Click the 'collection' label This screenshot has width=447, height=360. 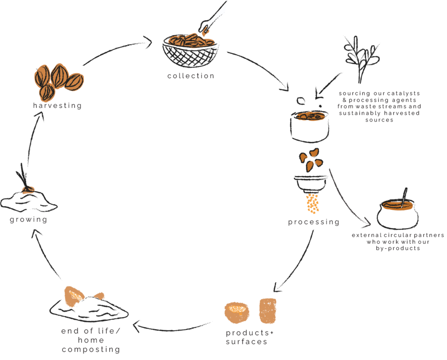[x=191, y=76]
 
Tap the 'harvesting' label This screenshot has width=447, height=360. [x=57, y=106]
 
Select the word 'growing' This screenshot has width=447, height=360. [x=29, y=220]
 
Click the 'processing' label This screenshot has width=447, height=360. [x=313, y=222]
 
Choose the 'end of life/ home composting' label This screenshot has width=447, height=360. [x=91, y=340]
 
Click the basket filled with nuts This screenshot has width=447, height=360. [x=191, y=51]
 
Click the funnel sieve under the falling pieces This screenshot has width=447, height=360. [x=310, y=184]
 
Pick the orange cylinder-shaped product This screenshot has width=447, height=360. [x=268, y=310]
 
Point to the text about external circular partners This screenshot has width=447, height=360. [x=398, y=241]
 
